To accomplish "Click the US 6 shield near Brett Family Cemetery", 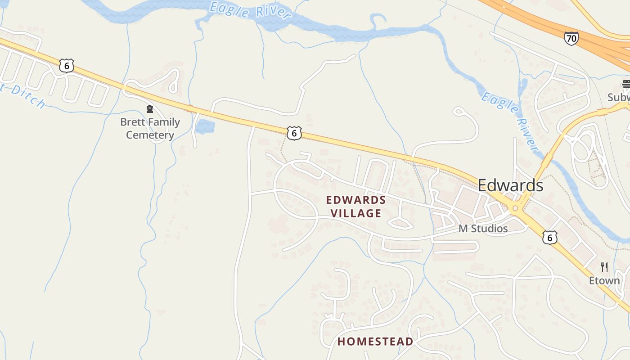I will pyautogui.click(x=66, y=66).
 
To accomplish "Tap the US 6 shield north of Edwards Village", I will pyautogui.click(x=294, y=133).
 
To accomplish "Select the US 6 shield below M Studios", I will pyautogui.click(x=549, y=237).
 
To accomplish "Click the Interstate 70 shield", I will pyautogui.click(x=571, y=38).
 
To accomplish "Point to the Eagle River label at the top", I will pyautogui.click(x=250, y=10).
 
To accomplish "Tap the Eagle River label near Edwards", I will pyautogui.click(x=510, y=121).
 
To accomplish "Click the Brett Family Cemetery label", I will pyautogui.click(x=150, y=128).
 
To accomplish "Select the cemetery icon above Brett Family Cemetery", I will pyautogui.click(x=150, y=109).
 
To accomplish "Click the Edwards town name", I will pyautogui.click(x=510, y=185).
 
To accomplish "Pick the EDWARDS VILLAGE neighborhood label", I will pyautogui.click(x=356, y=206).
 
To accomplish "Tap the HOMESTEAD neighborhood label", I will pyautogui.click(x=375, y=341).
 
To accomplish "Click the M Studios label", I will pyautogui.click(x=483, y=229).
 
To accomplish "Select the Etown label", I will pyautogui.click(x=604, y=281).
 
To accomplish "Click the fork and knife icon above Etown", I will pyautogui.click(x=604, y=267).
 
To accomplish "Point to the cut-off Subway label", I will pyautogui.click(x=619, y=97).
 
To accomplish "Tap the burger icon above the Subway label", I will pyautogui.click(x=626, y=84).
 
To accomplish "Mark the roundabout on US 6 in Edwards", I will pyautogui.click(x=516, y=208).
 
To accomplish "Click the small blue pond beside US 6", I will pyautogui.click(x=205, y=126).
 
